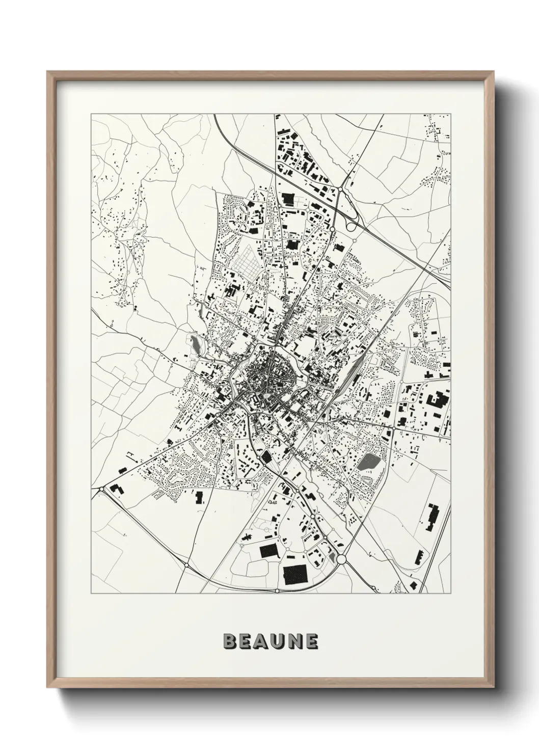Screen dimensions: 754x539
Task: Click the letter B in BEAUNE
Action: (x=230, y=641)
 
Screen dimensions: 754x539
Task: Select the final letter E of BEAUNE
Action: (x=312, y=641)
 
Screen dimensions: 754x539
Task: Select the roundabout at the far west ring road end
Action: (x=101, y=488)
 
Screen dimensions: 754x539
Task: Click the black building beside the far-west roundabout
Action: (x=117, y=488)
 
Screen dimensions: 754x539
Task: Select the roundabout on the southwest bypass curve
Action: (x=187, y=565)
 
